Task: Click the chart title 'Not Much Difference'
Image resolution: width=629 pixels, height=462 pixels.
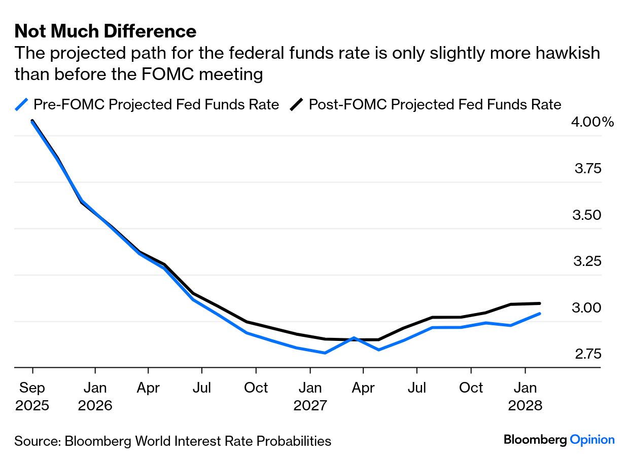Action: (x=105, y=31)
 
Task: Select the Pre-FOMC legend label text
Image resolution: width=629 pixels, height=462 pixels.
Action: (x=156, y=104)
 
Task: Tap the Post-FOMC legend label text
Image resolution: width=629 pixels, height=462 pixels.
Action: (x=435, y=104)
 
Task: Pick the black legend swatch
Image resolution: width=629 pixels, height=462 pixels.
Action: (x=297, y=104)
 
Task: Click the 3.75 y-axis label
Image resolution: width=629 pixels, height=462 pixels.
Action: (x=588, y=168)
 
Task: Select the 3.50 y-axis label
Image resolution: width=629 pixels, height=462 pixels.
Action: (x=588, y=215)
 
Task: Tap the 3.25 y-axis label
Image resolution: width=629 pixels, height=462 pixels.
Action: (x=588, y=261)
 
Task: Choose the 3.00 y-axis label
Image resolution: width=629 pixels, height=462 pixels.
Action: (x=588, y=307)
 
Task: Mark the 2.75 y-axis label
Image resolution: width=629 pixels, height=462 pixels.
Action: (x=588, y=354)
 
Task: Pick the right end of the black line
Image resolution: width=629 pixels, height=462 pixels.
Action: (x=539, y=303)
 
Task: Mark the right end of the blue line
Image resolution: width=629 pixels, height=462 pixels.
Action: (x=539, y=314)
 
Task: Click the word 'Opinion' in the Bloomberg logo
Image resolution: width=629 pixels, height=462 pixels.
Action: (x=592, y=440)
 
